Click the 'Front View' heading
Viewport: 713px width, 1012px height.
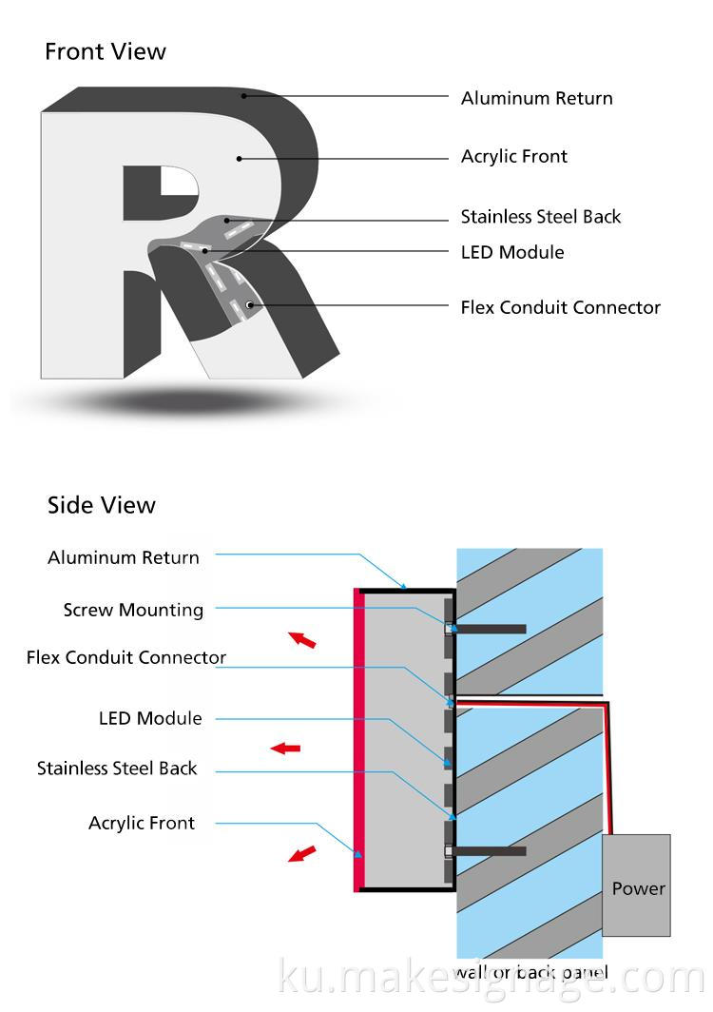[x=105, y=51]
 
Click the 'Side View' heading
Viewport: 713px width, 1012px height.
[x=101, y=505]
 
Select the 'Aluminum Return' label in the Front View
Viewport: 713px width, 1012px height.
[x=536, y=98]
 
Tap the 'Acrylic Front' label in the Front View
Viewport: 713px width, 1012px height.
[x=513, y=156]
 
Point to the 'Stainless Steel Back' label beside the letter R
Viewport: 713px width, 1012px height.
[x=540, y=217]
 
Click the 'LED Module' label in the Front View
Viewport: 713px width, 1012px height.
[x=511, y=252]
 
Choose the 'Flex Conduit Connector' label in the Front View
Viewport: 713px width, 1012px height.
[x=560, y=307]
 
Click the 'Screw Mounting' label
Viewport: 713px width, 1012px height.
[x=133, y=610]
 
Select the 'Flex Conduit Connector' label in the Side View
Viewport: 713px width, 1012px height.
[x=126, y=657]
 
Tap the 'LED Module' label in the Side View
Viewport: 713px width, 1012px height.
[x=150, y=718]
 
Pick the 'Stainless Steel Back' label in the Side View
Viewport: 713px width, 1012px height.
[x=117, y=768]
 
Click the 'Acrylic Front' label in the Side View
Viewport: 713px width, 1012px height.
[x=142, y=823]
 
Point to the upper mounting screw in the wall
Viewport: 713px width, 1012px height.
[x=491, y=629]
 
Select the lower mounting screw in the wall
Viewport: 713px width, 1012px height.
[x=491, y=850]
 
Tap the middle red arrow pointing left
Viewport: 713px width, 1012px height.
[x=285, y=749]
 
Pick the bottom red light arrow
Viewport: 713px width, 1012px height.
[x=302, y=852]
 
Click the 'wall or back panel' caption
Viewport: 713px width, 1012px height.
[x=530, y=972]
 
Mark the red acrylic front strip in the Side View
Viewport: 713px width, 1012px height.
[x=358, y=739]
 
